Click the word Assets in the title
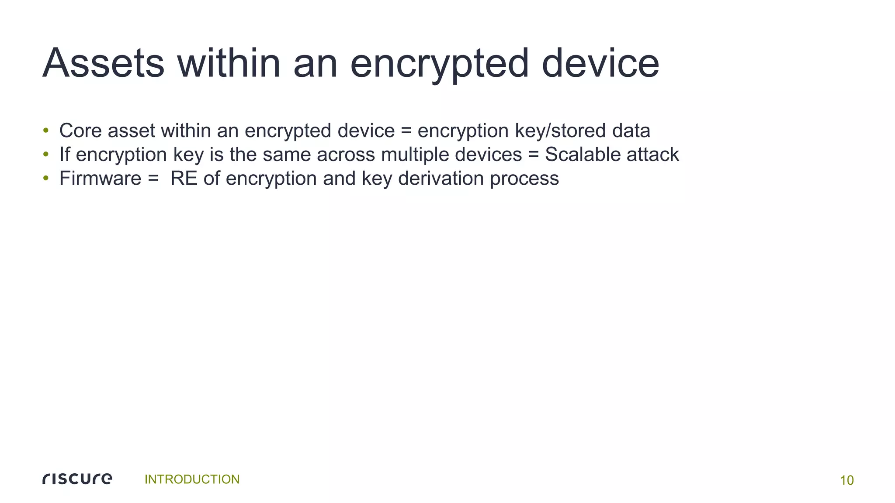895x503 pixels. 104,64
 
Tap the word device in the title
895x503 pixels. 600,64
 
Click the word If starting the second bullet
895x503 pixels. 64,154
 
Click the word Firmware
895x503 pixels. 100,178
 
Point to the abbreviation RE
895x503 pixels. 184,178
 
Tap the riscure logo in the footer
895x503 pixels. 77,479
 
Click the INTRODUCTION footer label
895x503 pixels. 192,479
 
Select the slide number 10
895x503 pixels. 846,480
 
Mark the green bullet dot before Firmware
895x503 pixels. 45,179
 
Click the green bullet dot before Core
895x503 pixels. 45,131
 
